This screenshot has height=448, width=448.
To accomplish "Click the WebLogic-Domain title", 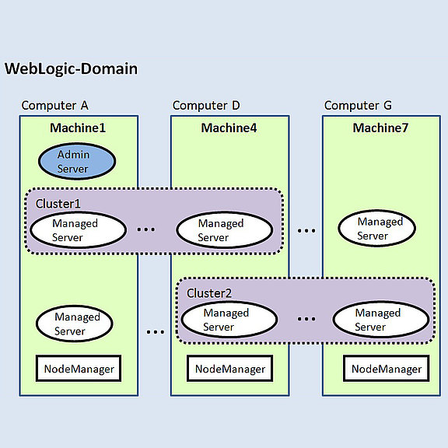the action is point(71,69).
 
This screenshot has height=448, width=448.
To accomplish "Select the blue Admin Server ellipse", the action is point(77,162).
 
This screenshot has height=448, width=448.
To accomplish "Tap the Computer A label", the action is point(55,106).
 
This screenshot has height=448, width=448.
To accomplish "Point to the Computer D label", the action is point(206,106).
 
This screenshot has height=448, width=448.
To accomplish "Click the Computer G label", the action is point(358,106).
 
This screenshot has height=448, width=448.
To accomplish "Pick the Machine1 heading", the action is point(78,128).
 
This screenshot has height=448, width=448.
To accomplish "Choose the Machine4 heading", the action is point(229,128).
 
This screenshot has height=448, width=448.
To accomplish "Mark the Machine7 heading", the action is point(380,128).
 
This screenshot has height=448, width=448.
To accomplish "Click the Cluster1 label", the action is point(58,204).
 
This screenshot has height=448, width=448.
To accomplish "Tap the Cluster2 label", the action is point(209,293).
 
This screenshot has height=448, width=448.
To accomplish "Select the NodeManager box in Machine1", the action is point(79,369).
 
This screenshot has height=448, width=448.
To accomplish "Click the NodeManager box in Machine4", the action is point(230,369).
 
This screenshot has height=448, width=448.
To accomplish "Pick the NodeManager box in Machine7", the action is point(387,369).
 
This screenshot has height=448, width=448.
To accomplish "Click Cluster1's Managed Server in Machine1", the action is point(78,230).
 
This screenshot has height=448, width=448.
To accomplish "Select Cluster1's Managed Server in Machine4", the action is point(225,230).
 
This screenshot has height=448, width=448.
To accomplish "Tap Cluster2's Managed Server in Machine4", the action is point(229,320).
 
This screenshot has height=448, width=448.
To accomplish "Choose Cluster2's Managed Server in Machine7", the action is point(381,320).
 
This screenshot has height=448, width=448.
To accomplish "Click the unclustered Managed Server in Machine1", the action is point(75,324).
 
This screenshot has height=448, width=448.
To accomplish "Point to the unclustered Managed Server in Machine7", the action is point(377,229).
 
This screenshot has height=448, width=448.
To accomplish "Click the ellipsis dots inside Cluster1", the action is point(146,229).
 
